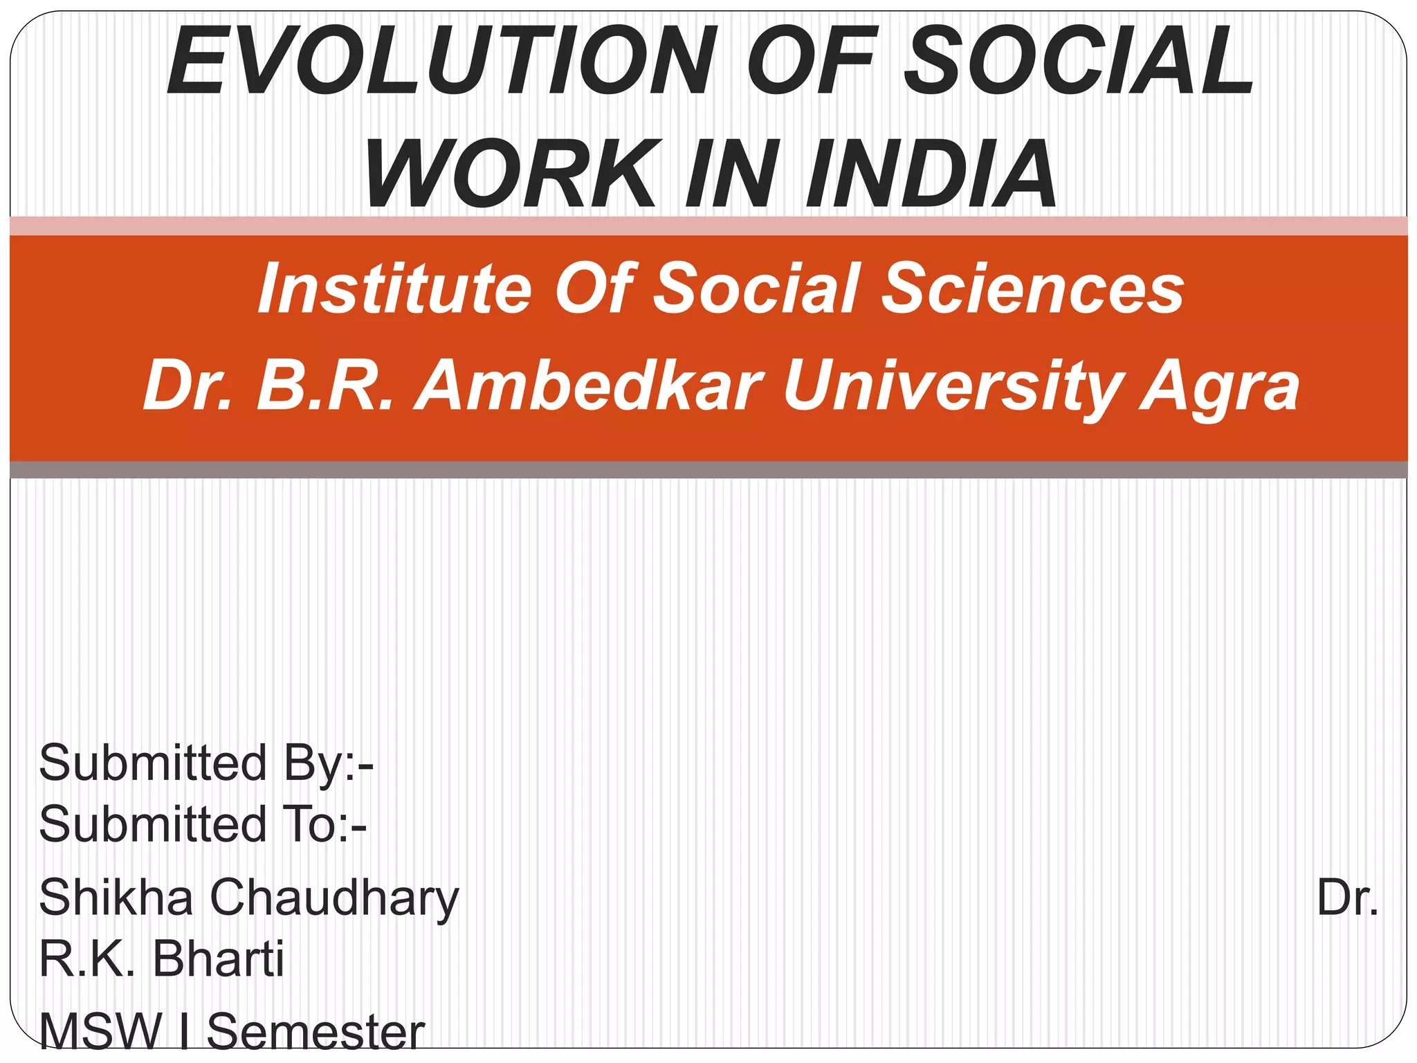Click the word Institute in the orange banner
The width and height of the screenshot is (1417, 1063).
point(395,289)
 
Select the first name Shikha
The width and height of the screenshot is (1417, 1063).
point(116,898)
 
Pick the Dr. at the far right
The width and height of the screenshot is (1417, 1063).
point(1346,898)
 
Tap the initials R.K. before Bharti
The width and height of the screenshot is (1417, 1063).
point(86,959)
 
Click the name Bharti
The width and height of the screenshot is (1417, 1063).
point(218,959)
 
